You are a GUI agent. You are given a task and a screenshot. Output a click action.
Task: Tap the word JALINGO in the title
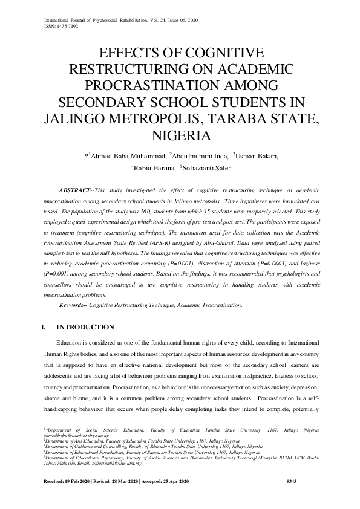pos(76,117)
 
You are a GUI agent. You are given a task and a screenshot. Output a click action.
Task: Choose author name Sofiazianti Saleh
pos(205,169)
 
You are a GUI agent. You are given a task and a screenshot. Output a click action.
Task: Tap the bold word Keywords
pos(72,305)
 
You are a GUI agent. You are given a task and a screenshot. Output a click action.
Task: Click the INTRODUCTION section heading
pos(85,328)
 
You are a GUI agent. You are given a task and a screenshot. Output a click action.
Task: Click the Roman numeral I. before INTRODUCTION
pos(42,328)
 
